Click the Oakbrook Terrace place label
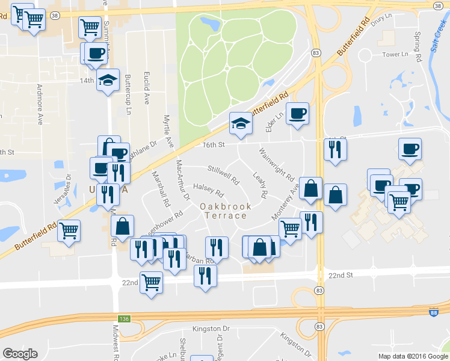[226, 212]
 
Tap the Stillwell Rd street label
[223, 174]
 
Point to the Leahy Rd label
[260, 186]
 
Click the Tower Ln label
[395, 55]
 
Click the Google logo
[20, 354]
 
